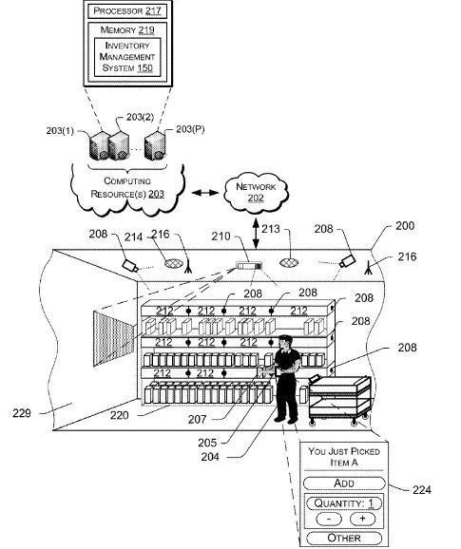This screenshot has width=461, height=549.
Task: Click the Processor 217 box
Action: click(127, 10)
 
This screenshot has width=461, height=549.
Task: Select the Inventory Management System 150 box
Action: click(127, 57)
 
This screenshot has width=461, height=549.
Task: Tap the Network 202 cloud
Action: click(256, 192)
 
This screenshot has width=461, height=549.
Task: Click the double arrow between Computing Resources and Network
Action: click(205, 193)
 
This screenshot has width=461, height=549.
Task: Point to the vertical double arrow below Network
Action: click(256, 234)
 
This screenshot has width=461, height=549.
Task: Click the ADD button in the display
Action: click(344, 483)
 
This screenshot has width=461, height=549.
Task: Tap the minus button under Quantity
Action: click(329, 519)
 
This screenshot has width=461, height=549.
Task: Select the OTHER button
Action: click(344, 538)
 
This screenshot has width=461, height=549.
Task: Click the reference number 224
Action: click(421, 489)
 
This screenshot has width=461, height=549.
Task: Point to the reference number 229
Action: click(21, 413)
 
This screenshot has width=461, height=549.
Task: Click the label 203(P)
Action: click(190, 129)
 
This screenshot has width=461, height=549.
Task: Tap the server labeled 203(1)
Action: click(100, 145)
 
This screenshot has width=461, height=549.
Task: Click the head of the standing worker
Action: click(285, 341)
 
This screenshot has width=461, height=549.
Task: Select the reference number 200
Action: click(405, 226)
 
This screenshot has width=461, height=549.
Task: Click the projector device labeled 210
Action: click(249, 266)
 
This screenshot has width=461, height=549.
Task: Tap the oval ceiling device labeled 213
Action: click(289, 262)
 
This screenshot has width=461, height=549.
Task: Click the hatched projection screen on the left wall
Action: click(113, 338)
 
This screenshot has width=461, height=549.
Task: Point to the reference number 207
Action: click(197, 419)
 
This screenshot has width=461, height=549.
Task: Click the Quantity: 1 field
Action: click(344, 503)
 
